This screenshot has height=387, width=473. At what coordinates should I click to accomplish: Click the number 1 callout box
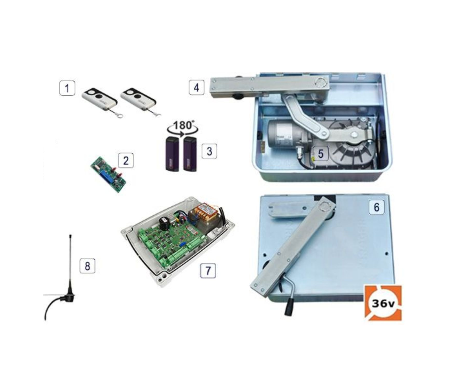(67, 88)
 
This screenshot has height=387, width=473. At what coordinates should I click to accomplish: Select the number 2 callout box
(126, 160)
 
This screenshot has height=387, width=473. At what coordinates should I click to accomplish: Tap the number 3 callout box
(209, 151)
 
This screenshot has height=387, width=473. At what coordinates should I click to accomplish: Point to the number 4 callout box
(197, 87)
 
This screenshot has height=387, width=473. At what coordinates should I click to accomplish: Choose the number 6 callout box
(377, 207)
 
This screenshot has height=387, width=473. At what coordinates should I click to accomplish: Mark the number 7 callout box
(208, 271)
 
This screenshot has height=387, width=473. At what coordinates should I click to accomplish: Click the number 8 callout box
(87, 266)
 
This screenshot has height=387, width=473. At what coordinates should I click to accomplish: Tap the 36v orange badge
(383, 303)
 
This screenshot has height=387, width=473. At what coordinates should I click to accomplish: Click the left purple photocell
(172, 154)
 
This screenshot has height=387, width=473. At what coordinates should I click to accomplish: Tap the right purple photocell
(190, 154)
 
